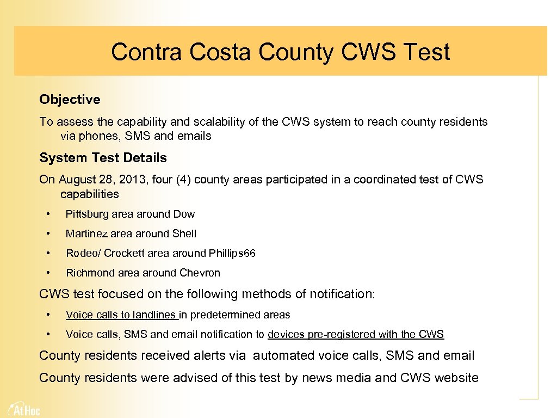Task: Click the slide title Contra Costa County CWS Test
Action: (x=280, y=52)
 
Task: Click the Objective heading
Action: (x=70, y=100)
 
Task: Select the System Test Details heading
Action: (x=103, y=158)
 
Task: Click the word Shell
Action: (x=184, y=234)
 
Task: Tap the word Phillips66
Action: (x=232, y=254)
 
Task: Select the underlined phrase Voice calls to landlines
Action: (x=121, y=315)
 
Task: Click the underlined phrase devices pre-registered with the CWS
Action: (x=356, y=335)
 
